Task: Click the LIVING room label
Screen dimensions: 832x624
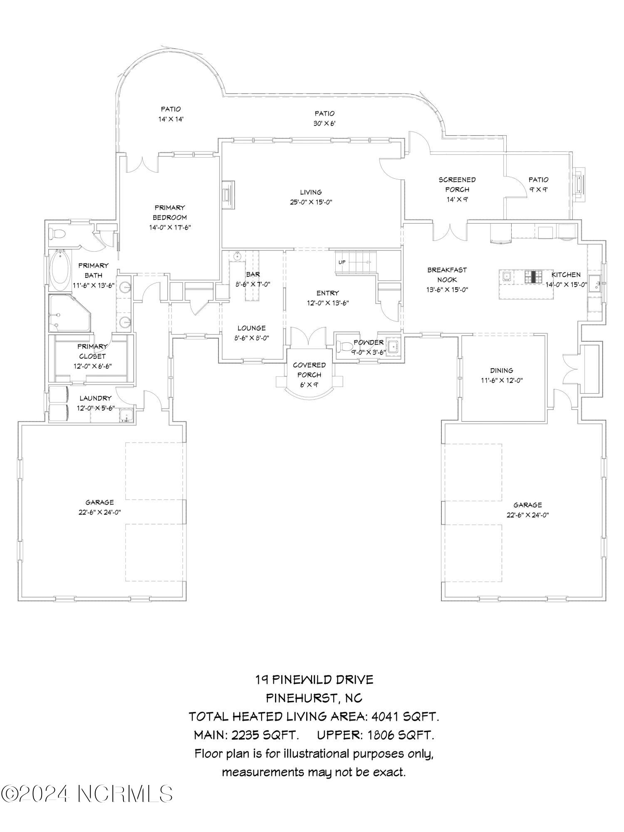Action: point(311,192)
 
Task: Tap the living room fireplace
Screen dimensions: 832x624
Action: point(228,195)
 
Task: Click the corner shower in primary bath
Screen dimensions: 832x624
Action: point(69,313)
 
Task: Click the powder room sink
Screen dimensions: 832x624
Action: point(392,345)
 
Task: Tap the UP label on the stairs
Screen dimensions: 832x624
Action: point(342,262)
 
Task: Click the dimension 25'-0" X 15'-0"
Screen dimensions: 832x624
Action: point(311,203)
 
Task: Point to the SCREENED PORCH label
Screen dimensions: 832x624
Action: point(457,184)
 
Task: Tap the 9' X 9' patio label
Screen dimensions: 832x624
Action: point(538,189)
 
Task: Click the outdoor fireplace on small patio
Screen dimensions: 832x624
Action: point(579,184)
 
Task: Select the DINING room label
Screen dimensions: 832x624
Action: point(501,370)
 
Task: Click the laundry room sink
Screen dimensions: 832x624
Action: point(125,416)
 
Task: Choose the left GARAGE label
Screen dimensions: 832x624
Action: point(99,502)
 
